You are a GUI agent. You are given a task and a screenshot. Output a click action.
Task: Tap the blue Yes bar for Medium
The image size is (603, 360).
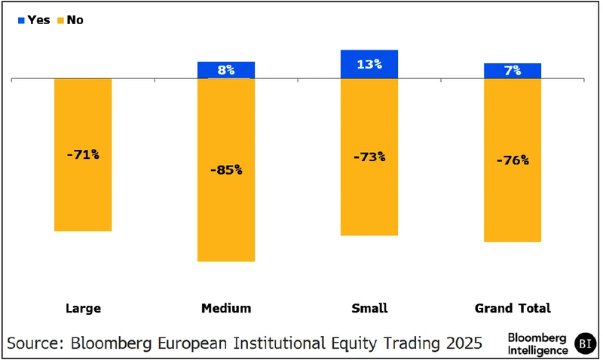click(226, 70)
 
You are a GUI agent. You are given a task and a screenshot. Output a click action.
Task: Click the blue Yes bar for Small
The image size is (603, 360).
click(369, 64)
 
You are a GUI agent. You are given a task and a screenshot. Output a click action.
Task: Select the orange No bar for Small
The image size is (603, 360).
click(369, 196)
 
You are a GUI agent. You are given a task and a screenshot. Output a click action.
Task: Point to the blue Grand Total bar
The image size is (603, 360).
click(513, 71)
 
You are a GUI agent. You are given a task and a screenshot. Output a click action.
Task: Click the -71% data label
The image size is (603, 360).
click(83, 154)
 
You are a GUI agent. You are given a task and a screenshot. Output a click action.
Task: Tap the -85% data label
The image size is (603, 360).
click(226, 169)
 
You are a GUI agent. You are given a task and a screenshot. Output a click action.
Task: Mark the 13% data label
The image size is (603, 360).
click(369, 64)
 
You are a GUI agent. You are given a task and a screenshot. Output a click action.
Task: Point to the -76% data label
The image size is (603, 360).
click(513, 160)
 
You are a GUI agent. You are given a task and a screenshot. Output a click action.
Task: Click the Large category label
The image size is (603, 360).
click(83, 308)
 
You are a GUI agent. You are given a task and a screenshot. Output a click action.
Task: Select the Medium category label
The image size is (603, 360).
click(226, 308)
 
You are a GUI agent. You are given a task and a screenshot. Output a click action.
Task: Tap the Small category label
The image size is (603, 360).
click(369, 308)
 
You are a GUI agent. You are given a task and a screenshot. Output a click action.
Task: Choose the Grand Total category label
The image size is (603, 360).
click(513, 308)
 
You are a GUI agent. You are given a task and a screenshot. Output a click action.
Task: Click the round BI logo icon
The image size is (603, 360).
click(585, 343)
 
